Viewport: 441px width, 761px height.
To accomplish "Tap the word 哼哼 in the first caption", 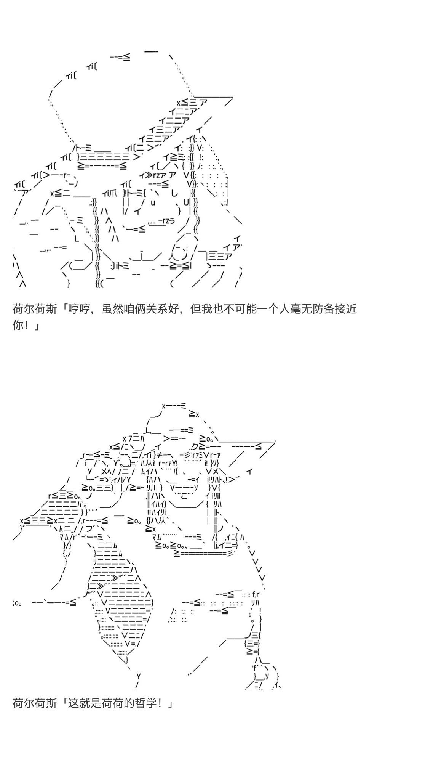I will pos(78,308).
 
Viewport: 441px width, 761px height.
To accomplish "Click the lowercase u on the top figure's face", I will pos(153,203).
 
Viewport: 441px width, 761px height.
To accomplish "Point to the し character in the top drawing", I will pos(174,193).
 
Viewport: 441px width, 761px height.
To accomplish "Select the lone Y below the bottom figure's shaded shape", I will pos(139,676).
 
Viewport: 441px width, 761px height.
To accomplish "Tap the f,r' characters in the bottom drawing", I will pos(256,594).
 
